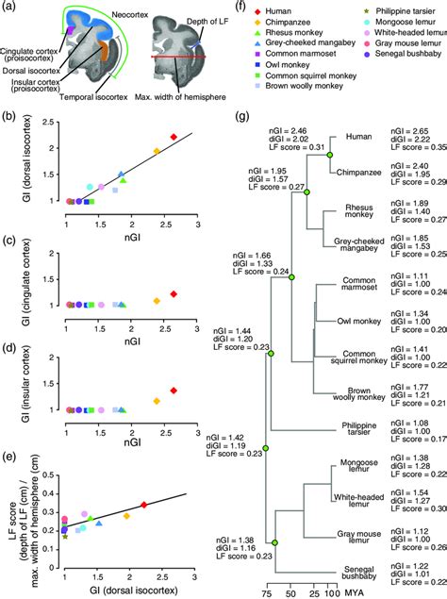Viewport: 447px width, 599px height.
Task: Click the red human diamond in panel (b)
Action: pos(174,138)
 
